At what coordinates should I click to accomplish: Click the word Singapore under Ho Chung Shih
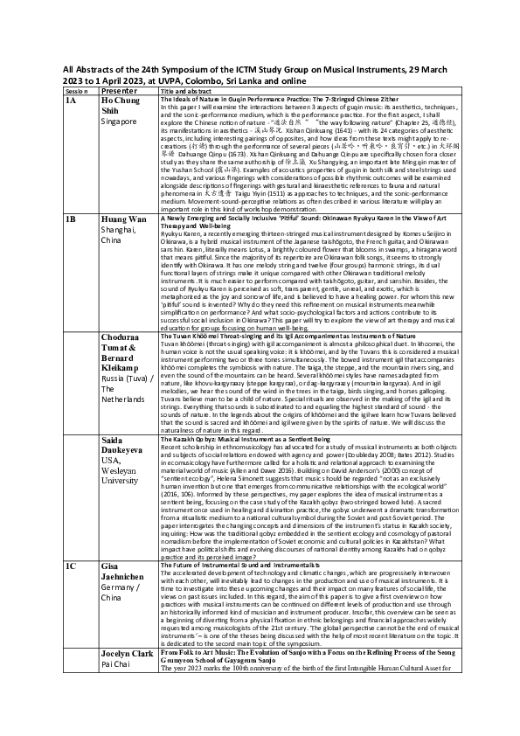[x=121, y=122]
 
